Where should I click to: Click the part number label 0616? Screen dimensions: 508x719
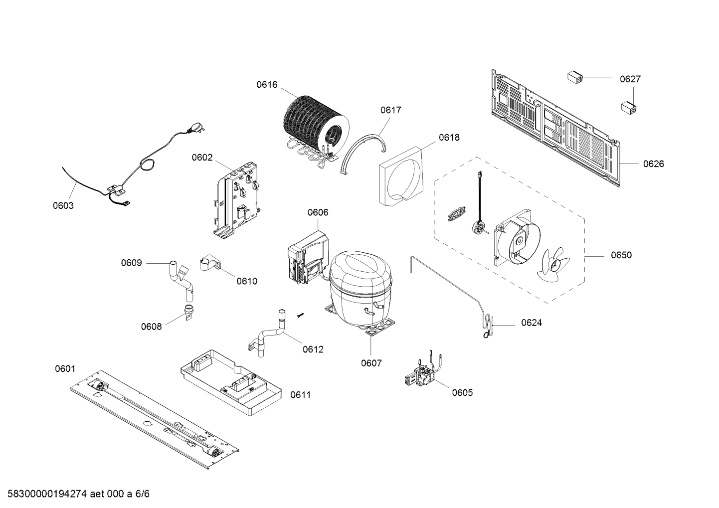(x=267, y=85)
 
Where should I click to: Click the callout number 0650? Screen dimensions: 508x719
(x=621, y=255)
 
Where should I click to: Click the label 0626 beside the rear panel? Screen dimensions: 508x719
(x=653, y=164)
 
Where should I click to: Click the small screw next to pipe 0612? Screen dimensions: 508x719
(x=301, y=315)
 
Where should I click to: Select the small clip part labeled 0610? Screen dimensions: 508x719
(x=209, y=264)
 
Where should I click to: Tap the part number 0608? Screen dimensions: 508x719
(x=151, y=327)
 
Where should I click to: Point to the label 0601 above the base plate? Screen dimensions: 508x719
(x=65, y=369)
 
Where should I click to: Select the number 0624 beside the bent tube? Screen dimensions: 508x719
(x=532, y=323)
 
